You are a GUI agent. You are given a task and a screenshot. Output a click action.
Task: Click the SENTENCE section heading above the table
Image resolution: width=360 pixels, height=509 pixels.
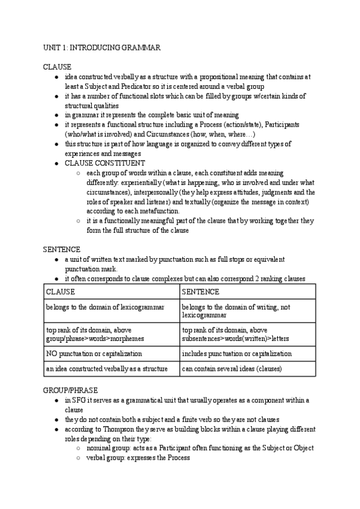(x=61, y=248)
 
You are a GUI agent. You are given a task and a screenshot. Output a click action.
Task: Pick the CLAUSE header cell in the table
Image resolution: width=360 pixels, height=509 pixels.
(x=61, y=292)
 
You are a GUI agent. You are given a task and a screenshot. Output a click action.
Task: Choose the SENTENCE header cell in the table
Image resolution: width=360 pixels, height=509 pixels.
(x=200, y=292)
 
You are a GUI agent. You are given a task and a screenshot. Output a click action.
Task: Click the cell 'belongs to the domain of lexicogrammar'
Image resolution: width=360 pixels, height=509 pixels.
(x=105, y=307)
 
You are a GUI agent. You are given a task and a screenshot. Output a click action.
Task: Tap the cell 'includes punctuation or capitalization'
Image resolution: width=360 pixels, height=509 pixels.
(x=236, y=354)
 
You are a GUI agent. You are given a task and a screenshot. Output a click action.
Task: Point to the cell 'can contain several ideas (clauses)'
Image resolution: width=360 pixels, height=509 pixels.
(x=231, y=369)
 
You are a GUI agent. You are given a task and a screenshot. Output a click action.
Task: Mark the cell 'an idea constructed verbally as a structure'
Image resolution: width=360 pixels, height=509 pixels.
(x=110, y=369)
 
